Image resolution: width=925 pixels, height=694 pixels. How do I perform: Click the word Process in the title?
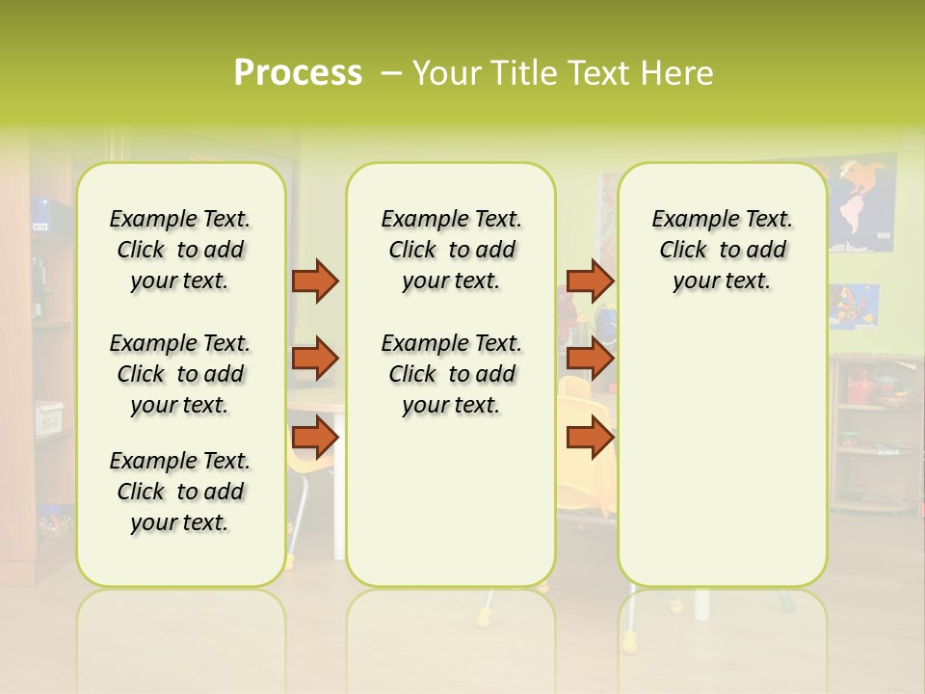(x=298, y=73)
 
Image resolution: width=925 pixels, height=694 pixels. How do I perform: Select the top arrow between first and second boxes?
(x=315, y=280)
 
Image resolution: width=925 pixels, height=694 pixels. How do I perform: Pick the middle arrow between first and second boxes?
(x=315, y=359)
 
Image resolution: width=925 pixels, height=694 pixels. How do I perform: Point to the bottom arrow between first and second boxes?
(x=315, y=438)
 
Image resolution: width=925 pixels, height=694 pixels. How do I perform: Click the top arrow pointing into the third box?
(x=590, y=280)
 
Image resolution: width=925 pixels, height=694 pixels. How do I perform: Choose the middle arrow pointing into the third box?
(x=590, y=359)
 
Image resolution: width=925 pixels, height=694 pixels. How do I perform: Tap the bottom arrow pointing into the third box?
(x=590, y=438)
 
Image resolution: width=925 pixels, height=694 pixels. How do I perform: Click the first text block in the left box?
(x=180, y=250)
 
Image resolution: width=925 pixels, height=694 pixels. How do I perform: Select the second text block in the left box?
(x=180, y=374)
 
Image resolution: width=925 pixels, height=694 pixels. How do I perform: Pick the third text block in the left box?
(x=180, y=492)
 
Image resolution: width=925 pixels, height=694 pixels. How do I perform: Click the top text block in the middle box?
(x=451, y=250)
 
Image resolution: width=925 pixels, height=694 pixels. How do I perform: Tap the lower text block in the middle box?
(x=451, y=374)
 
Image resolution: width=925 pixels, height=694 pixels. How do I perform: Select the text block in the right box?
(x=722, y=250)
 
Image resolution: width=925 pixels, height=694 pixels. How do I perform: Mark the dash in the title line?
(x=391, y=73)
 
